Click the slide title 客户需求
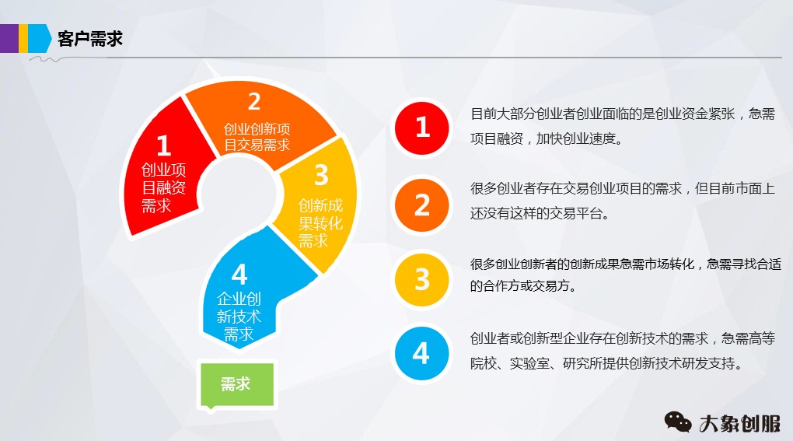tap(90, 38)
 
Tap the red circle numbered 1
tap(421, 127)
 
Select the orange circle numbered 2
tap(421, 205)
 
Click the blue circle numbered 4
tap(421, 354)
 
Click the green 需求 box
tap(236, 384)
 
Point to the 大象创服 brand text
tap(739, 422)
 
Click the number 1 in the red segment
tap(163, 145)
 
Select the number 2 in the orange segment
tap(254, 102)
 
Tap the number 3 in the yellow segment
tap(321, 173)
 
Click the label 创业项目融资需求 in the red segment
tap(163, 187)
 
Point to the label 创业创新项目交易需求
tap(257, 136)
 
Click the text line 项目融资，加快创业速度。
tap(546, 140)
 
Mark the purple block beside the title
tap(9, 38)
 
